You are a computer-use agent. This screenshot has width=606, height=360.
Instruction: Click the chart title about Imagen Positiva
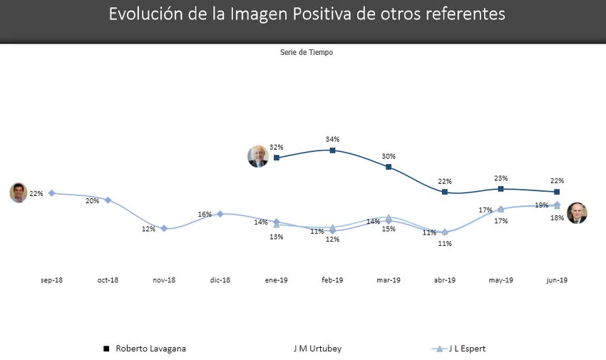point(306,14)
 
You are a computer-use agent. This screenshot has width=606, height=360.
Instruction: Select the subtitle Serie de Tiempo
point(306,52)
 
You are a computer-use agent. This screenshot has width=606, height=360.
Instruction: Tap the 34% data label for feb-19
point(332,139)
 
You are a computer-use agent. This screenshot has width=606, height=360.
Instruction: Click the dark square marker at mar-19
point(389,167)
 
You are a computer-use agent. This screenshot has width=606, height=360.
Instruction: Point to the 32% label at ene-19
point(277,146)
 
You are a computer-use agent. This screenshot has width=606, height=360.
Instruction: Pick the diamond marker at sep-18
point(51,193)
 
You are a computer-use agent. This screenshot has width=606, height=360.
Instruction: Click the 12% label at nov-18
point(148,229)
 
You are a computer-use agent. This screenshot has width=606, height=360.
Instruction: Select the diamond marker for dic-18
point(220,214)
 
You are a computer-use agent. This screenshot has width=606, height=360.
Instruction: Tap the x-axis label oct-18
point(108,280)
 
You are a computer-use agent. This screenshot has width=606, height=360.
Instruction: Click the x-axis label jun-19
point(557,280)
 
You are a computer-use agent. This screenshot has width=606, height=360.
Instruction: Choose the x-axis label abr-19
point(444,280)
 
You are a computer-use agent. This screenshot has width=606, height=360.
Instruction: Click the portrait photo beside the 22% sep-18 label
point(19,192)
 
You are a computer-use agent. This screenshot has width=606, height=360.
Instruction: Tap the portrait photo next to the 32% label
point(257,156)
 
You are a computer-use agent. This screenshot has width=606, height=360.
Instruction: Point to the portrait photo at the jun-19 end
point(577,213)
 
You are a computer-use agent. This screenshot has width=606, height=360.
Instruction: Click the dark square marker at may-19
point(501,189)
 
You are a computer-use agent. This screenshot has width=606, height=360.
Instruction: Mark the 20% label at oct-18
point(93,201)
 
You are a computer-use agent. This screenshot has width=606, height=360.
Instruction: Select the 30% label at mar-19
point(389,156)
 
